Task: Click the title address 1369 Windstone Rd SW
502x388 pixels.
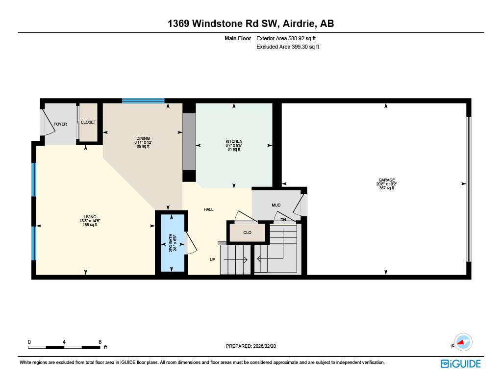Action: click(251, 24)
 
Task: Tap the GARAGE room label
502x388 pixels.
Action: click(386, 180)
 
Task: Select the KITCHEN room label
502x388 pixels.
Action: click(234, 141)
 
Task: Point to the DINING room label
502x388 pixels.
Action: click(143, 138)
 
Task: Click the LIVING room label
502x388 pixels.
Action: click(90, 217)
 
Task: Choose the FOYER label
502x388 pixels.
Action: click(60, 124)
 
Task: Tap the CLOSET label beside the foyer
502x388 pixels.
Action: click(88, 122)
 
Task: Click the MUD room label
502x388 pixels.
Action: click(276, 205)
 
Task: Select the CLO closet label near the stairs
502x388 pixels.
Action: click(248, 233)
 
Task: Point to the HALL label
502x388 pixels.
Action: click(209, 209)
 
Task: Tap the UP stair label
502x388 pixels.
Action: click(213, 259)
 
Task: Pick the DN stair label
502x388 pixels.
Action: click(283, 220)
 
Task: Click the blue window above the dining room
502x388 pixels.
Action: click(143, 101)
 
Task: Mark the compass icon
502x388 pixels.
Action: click(463, 342)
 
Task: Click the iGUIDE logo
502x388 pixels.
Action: click(460, 363)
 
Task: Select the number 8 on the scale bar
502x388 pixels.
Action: click(100, 341)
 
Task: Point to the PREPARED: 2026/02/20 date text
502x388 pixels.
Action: click(254, 346)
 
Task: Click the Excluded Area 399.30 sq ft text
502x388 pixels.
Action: click(288, 47)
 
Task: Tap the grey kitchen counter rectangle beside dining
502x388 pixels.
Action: click(189, 142)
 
